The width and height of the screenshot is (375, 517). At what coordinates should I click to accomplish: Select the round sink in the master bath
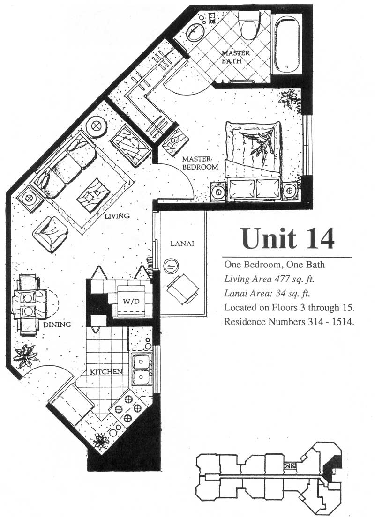(x=196, y=31)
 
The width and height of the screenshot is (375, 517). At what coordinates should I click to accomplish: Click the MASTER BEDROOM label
(x=200, y=163)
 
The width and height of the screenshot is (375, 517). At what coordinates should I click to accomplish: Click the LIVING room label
(x=117, y=216)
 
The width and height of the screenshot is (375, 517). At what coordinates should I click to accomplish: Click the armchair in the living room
(x=50, y=234)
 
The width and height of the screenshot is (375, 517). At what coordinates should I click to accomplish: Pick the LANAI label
(x=182, y=244)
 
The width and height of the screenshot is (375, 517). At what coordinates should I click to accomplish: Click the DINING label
(x=57, y=325)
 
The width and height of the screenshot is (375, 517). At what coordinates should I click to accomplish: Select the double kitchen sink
(x=142, y=369)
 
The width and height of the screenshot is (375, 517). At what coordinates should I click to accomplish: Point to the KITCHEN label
(x=106, y=372)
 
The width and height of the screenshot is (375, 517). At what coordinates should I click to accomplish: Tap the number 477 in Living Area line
(x=281, y=279)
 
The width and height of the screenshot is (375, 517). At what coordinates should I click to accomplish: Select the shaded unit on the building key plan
(x=329, y=469)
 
